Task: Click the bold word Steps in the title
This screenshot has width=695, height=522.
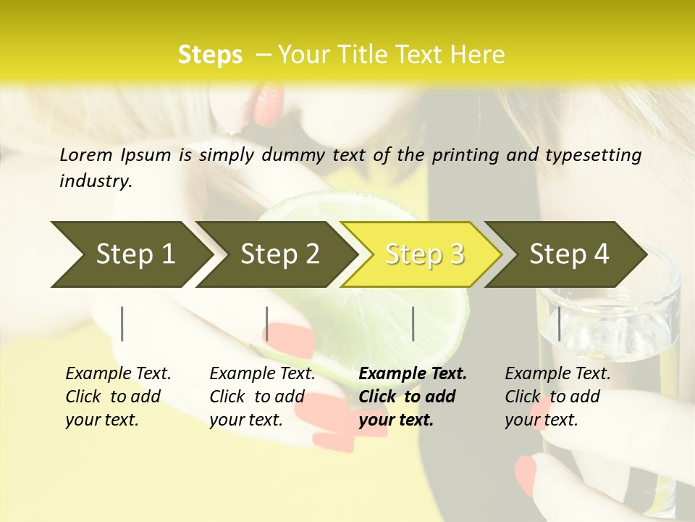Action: tap(210, 55)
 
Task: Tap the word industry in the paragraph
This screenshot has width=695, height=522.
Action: tap(94, 181)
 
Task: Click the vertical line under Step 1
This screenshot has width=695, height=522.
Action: tap(122, 323)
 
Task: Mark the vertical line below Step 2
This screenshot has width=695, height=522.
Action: tap(267, 323)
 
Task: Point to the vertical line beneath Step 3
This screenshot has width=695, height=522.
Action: tap(413, 323)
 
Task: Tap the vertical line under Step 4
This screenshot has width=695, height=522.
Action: tap(559, 323)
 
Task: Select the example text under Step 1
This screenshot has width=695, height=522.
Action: tap(118, 397)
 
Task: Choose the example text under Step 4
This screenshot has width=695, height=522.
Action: tap(557, 397)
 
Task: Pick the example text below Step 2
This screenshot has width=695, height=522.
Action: tap(262, 397)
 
